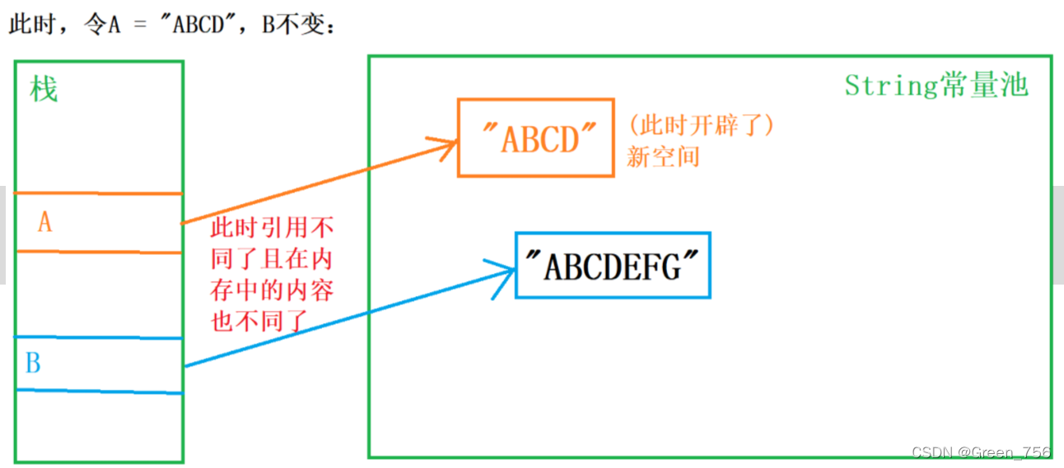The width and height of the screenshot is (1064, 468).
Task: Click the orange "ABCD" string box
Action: click(535, 137)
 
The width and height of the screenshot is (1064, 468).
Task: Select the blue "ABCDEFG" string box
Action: click(612, 265)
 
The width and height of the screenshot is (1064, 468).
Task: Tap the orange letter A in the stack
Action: click(44, 221)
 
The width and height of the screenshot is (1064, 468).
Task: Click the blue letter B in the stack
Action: click(33, 363)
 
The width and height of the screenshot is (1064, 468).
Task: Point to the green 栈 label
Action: click(44, 89)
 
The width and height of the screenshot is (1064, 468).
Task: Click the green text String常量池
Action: click(936, 86)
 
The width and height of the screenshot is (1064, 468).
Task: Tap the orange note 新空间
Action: click(662, 156)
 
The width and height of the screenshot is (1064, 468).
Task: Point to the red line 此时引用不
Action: click(273, 228)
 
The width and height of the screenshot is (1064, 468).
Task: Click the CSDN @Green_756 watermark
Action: click(981, 452)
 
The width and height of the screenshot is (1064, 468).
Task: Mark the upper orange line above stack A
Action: click(98, 193)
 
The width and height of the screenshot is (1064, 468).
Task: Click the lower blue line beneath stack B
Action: click(98, 392)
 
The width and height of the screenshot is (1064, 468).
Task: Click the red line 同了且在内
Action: click(273, 259)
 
